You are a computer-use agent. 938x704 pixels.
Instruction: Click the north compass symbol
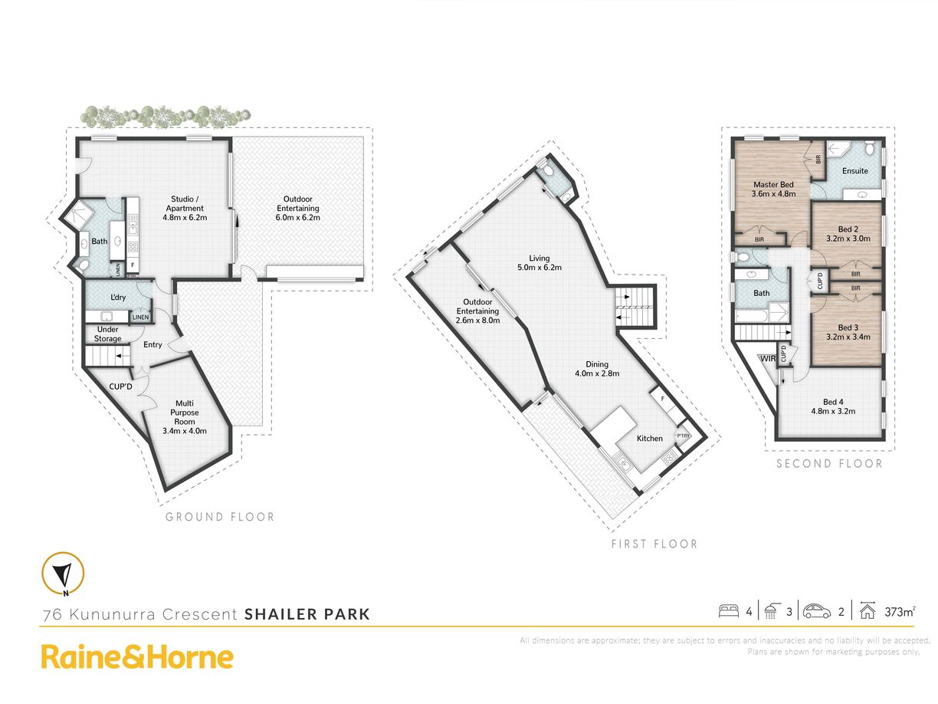pos(63,574)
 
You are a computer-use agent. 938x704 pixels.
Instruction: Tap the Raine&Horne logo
pos(137,657)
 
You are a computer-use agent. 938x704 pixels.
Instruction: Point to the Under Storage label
pos(108,334)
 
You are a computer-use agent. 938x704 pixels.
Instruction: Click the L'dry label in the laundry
pos(118,297)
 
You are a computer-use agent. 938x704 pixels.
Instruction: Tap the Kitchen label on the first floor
pos(650,438)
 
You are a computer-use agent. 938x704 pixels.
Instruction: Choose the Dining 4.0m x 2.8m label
pos(597,368)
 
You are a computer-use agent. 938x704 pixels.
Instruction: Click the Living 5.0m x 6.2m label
pos(540,262)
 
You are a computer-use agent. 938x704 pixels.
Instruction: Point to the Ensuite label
pos(854,170)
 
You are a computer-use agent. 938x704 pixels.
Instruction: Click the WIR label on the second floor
pos(768,359)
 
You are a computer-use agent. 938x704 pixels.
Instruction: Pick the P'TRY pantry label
pos(683,436)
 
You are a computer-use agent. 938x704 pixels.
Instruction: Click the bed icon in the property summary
pos(729,610)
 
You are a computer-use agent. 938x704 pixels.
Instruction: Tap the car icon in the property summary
pos(817,611)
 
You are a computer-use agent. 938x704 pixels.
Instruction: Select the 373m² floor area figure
pos(900,612)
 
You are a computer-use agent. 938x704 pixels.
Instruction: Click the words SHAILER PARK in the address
pos(307,614)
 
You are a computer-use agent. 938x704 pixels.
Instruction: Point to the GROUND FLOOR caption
pos(220,517)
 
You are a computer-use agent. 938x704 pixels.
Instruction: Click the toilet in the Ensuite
pos(869,148)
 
